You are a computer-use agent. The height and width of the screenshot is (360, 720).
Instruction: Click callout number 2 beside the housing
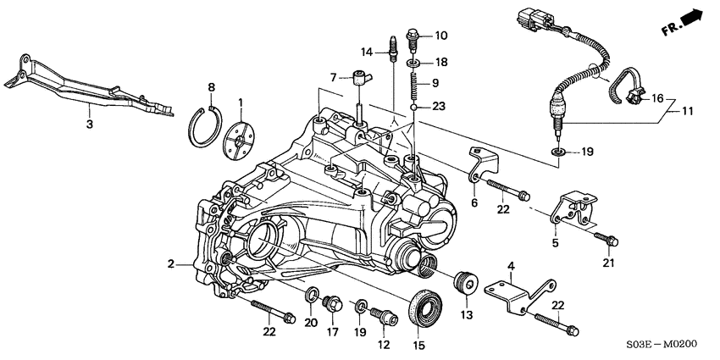[x=173, y=264]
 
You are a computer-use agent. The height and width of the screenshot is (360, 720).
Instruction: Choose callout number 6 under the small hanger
[x=475, y=203]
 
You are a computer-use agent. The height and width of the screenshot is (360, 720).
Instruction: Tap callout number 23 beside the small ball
[x=439, y=107]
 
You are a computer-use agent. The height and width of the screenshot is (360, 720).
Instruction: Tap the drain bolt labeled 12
[x=386, y=317]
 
